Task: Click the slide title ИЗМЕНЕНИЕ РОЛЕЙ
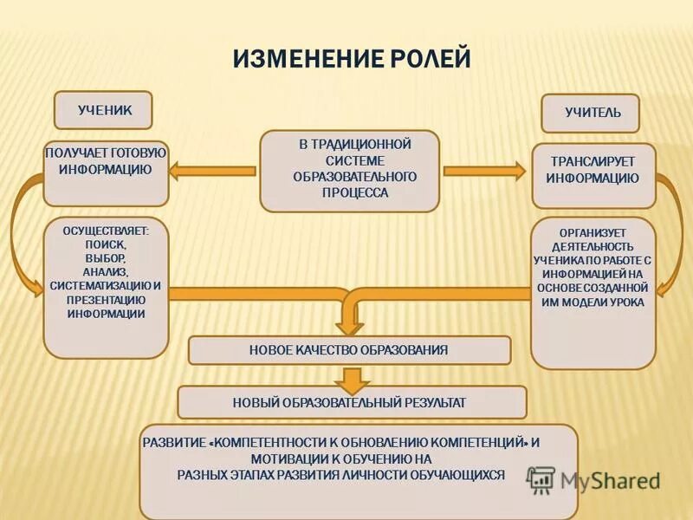click(352, 59)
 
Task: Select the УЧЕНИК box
click(103, 110)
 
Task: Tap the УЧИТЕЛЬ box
click(592, 113)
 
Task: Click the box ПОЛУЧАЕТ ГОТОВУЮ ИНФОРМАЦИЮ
click(105, 173)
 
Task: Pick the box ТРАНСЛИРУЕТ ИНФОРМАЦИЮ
click(593, 175)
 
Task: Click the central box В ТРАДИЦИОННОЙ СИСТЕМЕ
click(350, 170)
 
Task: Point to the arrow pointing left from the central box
click(212, 171)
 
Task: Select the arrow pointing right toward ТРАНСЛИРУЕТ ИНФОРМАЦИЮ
click(485, 171)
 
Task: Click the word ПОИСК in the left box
click(106, 244)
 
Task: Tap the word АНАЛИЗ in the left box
click(106, 271)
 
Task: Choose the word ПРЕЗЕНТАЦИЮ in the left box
click(106, 299)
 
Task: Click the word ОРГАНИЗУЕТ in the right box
click(593, 232)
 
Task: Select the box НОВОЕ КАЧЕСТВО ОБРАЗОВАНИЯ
click(349, 350)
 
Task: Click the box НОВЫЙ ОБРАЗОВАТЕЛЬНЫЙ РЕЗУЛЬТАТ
click(350, 402)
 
